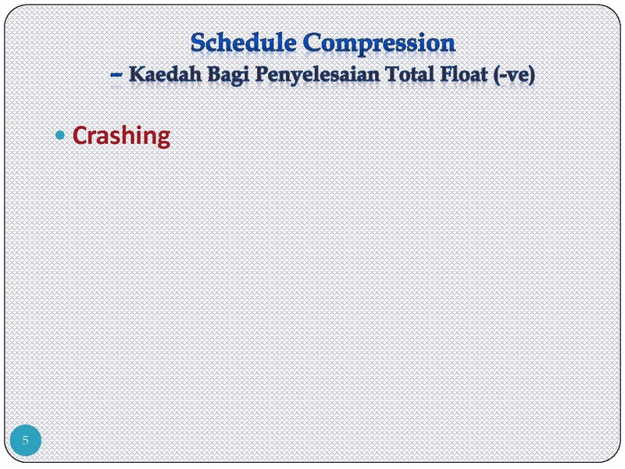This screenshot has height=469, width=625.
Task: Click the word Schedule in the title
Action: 243,42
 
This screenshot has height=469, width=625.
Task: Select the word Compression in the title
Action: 379,43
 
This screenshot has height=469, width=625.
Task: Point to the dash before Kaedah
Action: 116,74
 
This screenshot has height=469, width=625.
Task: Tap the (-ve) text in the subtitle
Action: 514,75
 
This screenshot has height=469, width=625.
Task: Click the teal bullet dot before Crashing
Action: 60,135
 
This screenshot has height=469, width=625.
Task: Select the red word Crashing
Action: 122,137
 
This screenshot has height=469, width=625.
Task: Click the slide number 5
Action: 26,440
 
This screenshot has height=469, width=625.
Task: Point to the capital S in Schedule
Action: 198,43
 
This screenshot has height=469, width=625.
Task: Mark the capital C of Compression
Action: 312,43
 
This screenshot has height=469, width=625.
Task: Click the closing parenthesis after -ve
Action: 531,75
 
